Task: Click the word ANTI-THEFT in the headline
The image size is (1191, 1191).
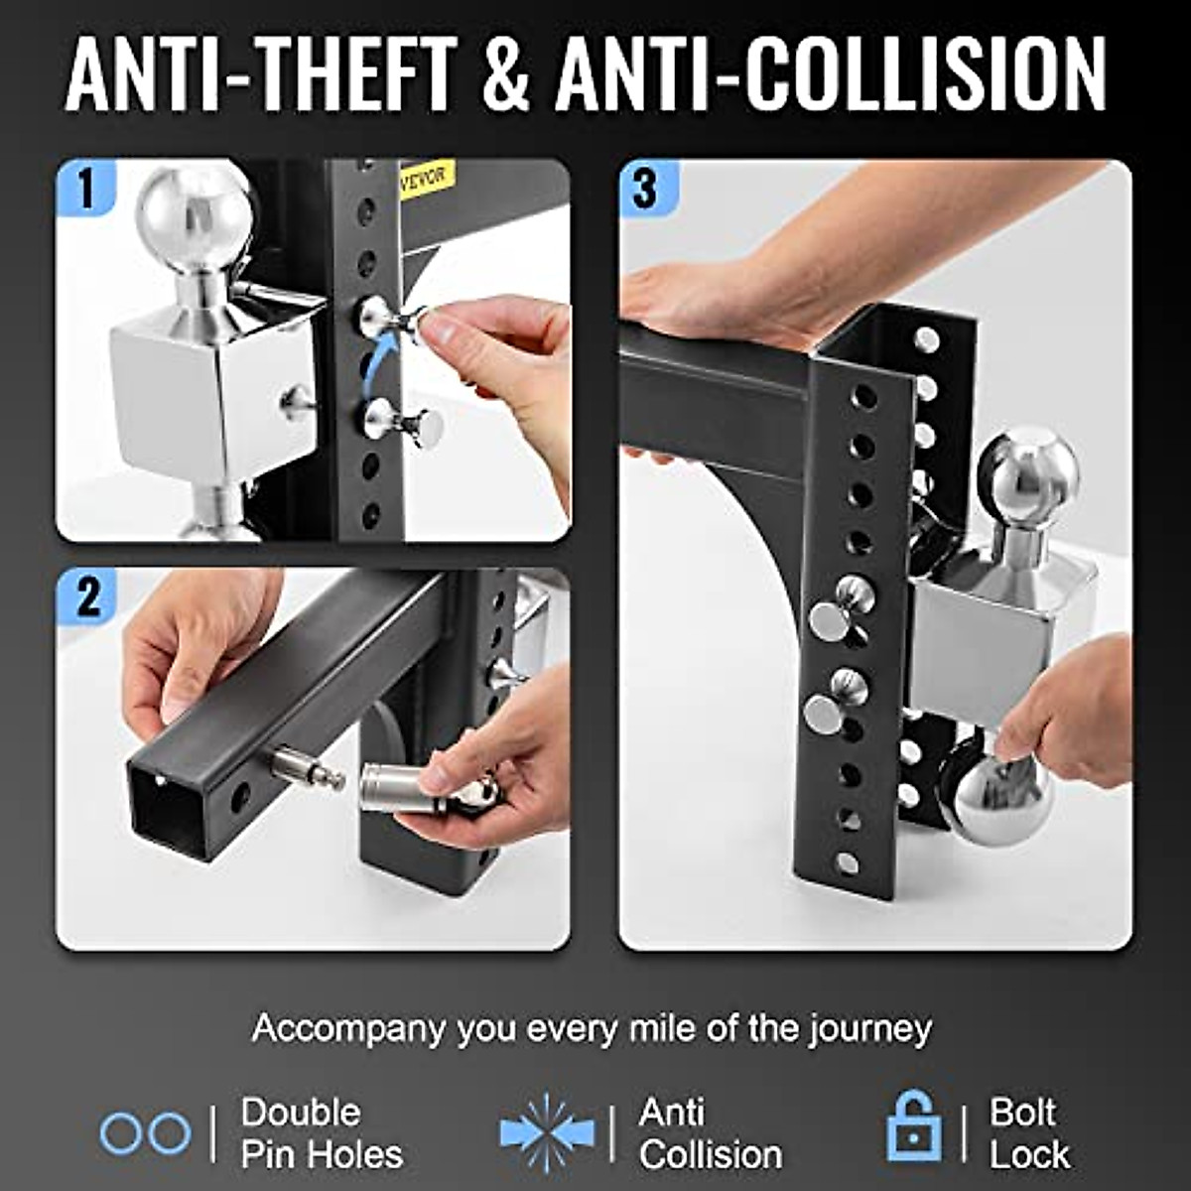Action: [261, 75]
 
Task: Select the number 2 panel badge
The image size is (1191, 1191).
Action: [87, 596]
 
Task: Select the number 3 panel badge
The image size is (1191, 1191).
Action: [646, 188]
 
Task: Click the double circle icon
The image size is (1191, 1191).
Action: [145, 1132]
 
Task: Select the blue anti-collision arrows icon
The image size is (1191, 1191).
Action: [547, 1132]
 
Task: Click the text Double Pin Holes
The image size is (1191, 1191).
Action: [322, 1132]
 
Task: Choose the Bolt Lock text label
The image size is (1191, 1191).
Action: [1028, 1132]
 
